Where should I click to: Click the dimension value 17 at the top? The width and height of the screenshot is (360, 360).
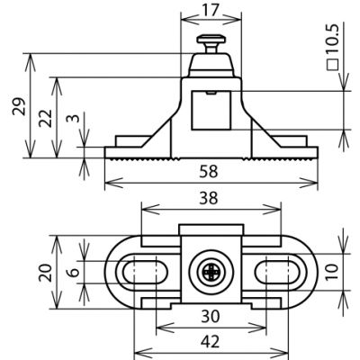[x=211, y=11]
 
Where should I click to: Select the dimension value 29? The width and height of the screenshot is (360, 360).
[x=19, y=106]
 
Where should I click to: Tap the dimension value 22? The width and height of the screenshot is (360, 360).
[x=46, y=119]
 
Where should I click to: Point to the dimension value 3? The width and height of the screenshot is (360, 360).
[x=73, y=118]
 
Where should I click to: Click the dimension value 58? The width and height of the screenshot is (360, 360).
[x=209, y=172]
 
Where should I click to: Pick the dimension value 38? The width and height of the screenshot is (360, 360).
[x=209, y=199]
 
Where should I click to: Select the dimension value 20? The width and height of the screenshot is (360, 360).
[x=46, y=273]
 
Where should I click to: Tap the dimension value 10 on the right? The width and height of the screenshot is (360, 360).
[x=332, y=272]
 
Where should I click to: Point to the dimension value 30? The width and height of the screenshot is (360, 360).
[x=211, y=316]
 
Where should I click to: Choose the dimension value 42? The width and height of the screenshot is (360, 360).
[x=211, y=342]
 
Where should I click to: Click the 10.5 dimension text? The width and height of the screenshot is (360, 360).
[x=332, y=40]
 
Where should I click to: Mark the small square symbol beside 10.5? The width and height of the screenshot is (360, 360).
[x=332, y=65]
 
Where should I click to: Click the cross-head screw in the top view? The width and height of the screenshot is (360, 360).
[x=211, y=272]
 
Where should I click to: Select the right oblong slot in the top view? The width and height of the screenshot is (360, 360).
[x=277, y=272]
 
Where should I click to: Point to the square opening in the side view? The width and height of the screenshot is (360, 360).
[x=211, y=110]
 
